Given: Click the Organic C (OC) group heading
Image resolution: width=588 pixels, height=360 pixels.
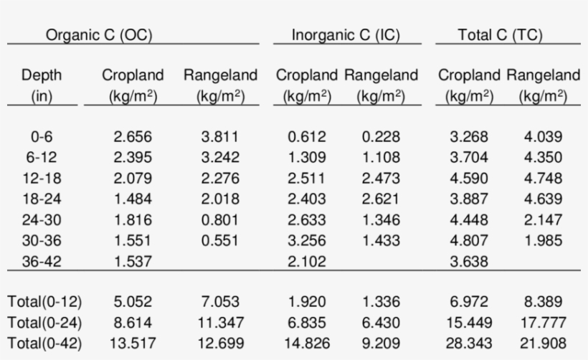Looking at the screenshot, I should [99, 34].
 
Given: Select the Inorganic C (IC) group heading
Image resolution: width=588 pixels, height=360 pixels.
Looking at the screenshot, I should [346, 34].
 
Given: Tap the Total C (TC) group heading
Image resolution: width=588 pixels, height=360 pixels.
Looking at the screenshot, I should [500, 34].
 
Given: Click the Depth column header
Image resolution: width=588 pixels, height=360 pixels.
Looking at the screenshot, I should [42, 75].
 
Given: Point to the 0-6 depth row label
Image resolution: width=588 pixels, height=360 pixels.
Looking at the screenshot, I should [42, 137].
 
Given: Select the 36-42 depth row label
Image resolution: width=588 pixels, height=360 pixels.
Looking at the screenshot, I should [42, 262].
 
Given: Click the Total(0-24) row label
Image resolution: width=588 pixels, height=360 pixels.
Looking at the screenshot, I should [42, 323].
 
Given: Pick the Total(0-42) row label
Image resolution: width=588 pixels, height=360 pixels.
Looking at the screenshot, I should [42, 344].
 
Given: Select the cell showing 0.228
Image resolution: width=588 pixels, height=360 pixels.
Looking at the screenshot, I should [381, 137].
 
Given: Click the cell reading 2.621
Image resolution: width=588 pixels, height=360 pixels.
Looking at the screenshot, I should [381, 199].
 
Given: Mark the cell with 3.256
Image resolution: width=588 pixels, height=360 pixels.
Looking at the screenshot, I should [307, 241].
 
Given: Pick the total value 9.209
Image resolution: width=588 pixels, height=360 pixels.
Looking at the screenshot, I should [381, 344].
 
